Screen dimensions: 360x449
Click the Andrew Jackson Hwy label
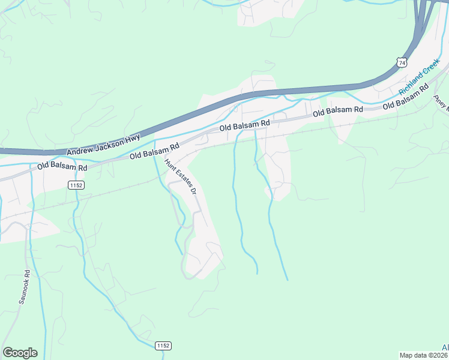(x=103, y=146)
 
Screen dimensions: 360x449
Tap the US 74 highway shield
(x=402, y=62)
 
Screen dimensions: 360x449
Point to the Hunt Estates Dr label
(x=181, y=178)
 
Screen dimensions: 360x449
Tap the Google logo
(x=20, y=353)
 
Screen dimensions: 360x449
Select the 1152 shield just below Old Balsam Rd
(x=76, y=185)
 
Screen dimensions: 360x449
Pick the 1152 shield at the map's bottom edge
(x=163, y=346)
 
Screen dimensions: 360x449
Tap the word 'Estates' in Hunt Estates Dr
(x=181, y=179)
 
